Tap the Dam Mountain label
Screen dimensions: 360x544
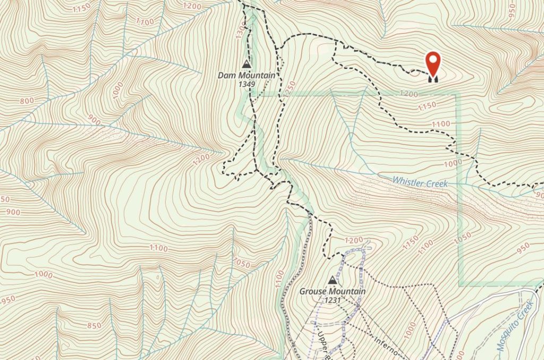click(246, 76)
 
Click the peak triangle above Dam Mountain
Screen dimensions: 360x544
click(246, 64)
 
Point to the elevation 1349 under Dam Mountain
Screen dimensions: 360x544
click(246, 84)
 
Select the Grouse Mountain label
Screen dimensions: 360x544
click(333, 292)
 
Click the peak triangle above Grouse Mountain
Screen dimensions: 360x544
click(333, 280)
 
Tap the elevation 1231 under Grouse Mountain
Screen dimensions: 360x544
click(333, 300)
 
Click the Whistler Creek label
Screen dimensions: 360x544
click(420, 182)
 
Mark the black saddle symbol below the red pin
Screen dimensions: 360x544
click(433, 79)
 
